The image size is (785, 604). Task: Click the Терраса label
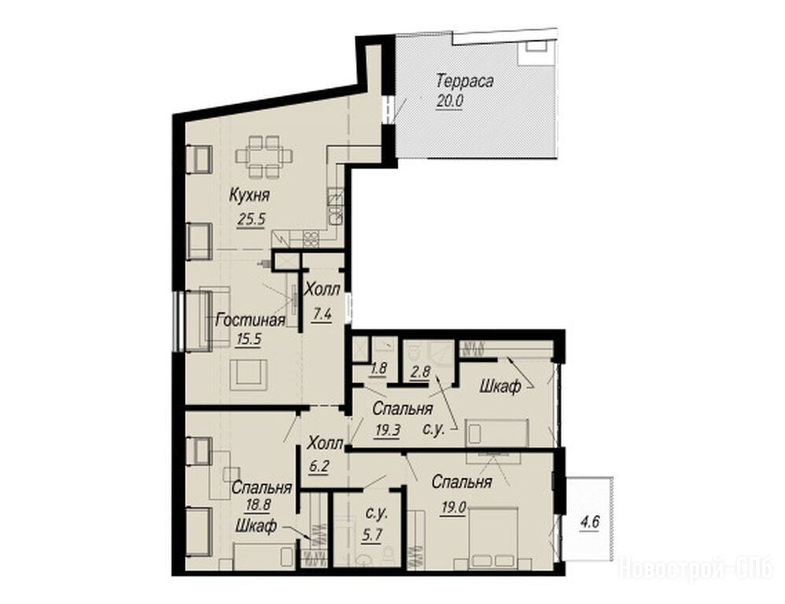click(x=465, y=81)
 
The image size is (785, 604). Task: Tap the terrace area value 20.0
click(x=450, y=101)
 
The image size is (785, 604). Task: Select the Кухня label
click(x=249, y=195)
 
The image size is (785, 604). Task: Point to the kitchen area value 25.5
click(x=251, y=219)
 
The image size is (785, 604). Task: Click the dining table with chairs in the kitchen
click(x=264, y=157)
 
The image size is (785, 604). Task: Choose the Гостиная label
click(x=250, y=320)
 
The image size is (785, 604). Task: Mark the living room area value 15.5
click(x=249, y=339)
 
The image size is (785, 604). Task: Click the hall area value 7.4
click(x=322, y=315)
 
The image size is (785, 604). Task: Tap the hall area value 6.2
click(x=319, y=466)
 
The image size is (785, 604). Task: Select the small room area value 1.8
click(x=378, y=369)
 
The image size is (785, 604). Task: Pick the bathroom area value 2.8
click(x=419, y=371)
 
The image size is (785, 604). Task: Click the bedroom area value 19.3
click(x=387, y=430)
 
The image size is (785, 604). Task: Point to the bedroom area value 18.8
click(x=257, y=506)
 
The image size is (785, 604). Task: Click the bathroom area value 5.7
click(x=371, y=535)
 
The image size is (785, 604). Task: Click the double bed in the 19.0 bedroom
click(x=493, y=538)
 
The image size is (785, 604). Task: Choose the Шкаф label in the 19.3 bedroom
click(x=500, y=386)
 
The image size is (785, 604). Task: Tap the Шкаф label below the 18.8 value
click(x=256, y=526)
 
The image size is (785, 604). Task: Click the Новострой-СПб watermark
click(x=696, y=569)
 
